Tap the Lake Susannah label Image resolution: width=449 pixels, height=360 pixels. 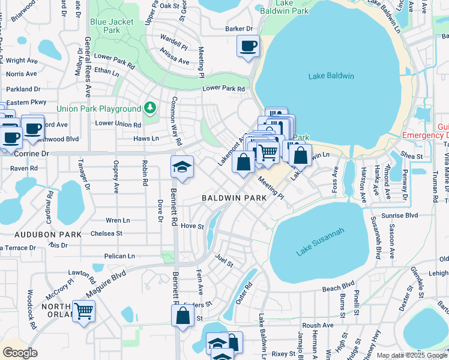coord(320,242)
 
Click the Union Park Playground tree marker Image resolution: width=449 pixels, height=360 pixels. coord(150,108)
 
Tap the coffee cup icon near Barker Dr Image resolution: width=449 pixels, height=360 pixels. coord(248,46)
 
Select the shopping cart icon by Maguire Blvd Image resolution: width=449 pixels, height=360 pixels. coord(83,311)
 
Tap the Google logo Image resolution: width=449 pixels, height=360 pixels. coord(20,353)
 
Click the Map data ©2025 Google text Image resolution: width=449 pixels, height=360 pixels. coord(412,355)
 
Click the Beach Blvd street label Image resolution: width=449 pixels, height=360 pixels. coord(339,287)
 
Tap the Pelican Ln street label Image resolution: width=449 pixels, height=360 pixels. coord(119,256)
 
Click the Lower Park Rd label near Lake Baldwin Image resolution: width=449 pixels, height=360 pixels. coord(223,89)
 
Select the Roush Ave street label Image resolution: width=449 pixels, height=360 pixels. coord(318,325)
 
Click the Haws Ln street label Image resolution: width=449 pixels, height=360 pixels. coord(146,139)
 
